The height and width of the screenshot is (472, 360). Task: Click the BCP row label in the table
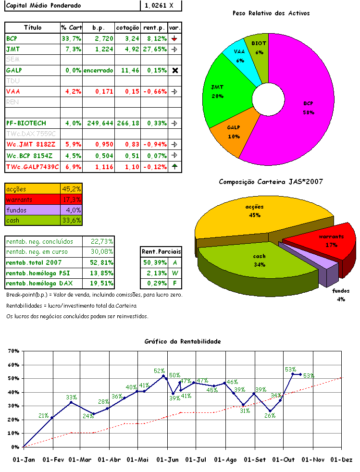[12, 38]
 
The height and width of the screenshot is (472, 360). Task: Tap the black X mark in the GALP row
[175, 70]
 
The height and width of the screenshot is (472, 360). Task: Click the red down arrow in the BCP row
[175, 38]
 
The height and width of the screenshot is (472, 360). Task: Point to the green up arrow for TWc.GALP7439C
[175, 167]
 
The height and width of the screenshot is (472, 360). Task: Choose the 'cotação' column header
[128, 27]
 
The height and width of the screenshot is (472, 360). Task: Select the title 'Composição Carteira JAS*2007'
[271, 182]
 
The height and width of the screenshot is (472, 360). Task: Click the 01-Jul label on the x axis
[196, 460]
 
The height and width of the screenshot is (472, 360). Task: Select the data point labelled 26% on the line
[270, 411]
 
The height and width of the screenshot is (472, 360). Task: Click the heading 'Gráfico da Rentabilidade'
[183, 341]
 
